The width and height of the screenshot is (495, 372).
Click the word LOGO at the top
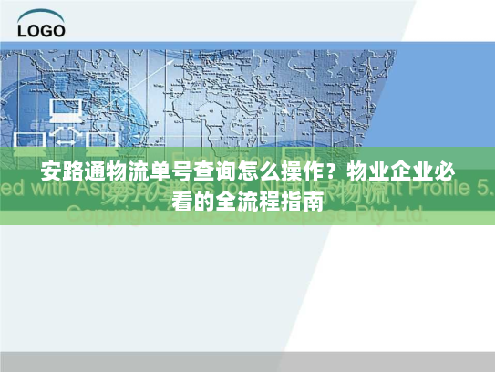(41, 29)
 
